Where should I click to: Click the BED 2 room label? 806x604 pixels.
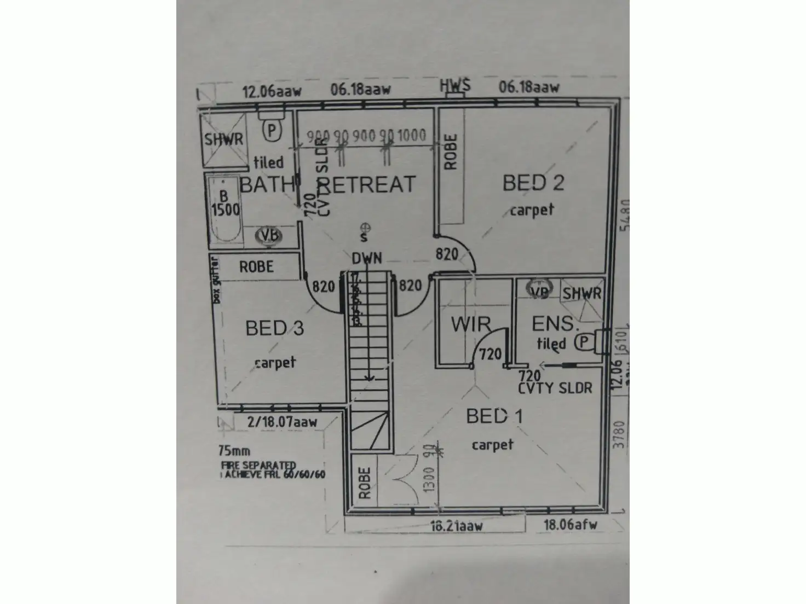coord(533,183)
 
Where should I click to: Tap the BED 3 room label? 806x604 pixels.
coord(274,328)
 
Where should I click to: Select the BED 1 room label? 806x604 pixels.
coord(494,417)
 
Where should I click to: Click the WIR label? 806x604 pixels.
coord(470,324)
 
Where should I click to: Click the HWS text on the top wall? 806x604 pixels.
coord(455,86)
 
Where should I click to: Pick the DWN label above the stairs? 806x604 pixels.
coord(366,258)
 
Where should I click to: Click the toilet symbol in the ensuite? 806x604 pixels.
coord(584,342)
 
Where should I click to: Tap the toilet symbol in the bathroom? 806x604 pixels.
coord(272,130)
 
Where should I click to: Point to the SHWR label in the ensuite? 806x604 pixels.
coord(582,294)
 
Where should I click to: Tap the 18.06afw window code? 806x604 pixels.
coord(570,525)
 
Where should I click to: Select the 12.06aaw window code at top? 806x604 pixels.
coord(272,91)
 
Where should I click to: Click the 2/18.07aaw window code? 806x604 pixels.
coord(282,422)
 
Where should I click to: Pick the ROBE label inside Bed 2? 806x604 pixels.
coord(451,152)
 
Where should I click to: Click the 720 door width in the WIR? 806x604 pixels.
coord(490,355)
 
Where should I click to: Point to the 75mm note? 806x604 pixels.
coord(234,451)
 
